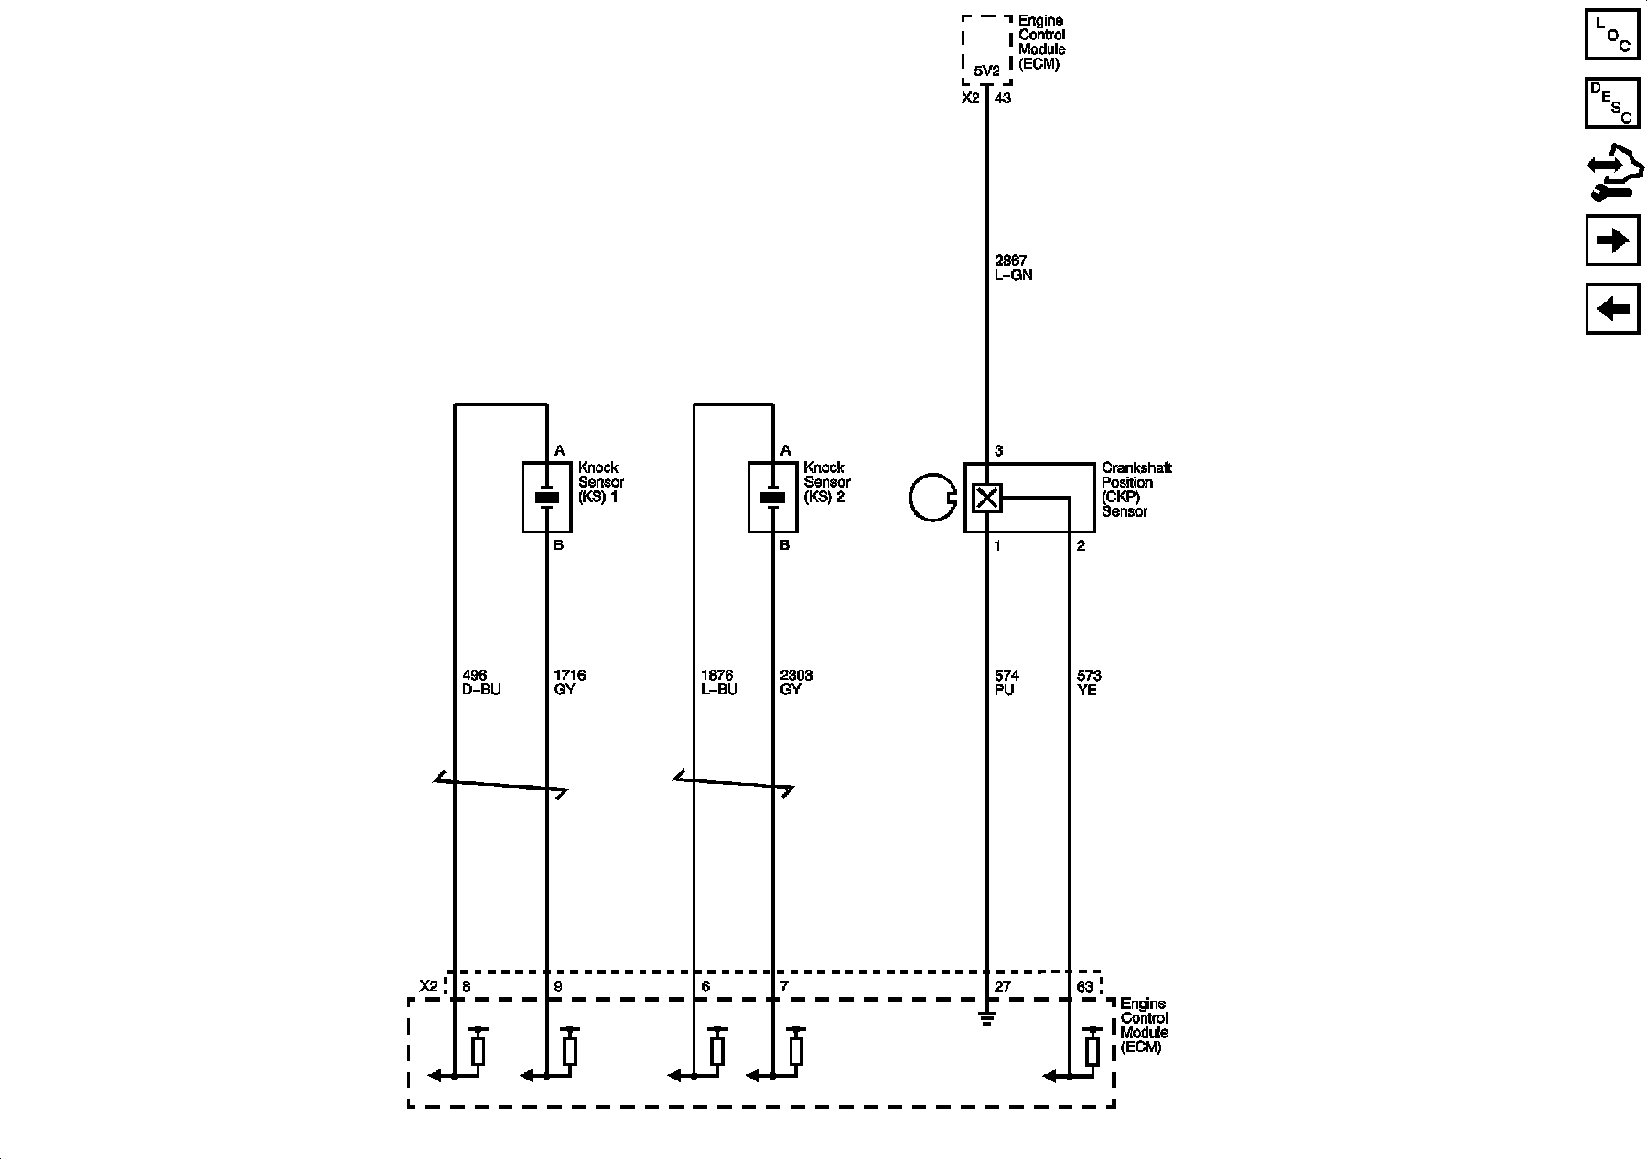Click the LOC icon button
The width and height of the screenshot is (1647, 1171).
[1612, 34]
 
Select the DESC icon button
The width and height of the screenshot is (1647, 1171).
[1612, 102]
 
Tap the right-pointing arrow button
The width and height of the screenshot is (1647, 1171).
[1612, 240]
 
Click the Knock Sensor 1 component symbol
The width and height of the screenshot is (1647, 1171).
[547, 497]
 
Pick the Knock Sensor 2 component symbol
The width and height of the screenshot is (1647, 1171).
[773, 497]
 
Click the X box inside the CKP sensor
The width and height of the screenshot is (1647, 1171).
[986, 498]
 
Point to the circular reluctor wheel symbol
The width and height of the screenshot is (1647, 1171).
[932, 498]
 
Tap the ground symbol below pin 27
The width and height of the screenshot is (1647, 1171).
[986, 1017]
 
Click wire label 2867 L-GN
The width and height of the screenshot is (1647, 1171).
[1013, 268]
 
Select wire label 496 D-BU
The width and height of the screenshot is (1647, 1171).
[481, 682]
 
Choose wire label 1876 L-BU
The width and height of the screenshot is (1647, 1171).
[719, 682]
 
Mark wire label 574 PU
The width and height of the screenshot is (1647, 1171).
[1006, 682]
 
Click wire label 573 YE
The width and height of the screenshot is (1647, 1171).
[1089, 682]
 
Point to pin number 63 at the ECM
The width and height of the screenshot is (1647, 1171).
[1085, 987]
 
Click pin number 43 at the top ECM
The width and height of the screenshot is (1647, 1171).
[1003, 98]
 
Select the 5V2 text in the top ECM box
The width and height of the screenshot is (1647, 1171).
[986, 70]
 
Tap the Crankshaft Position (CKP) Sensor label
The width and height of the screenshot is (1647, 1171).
[1136, 489]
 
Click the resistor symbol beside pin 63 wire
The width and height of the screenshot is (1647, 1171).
[1092, 1050]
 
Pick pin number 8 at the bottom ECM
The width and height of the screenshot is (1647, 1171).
[467, 987]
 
